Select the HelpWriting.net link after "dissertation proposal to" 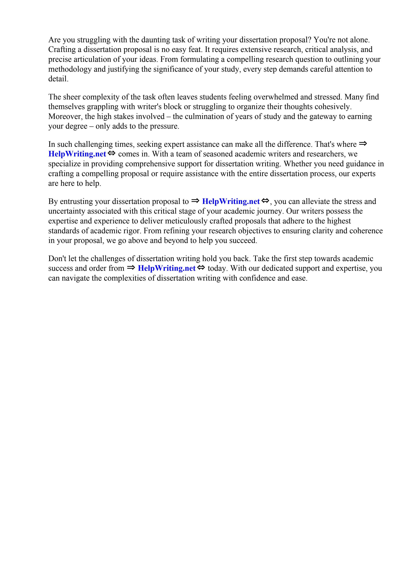[231, 201]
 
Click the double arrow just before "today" [201, 268]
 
